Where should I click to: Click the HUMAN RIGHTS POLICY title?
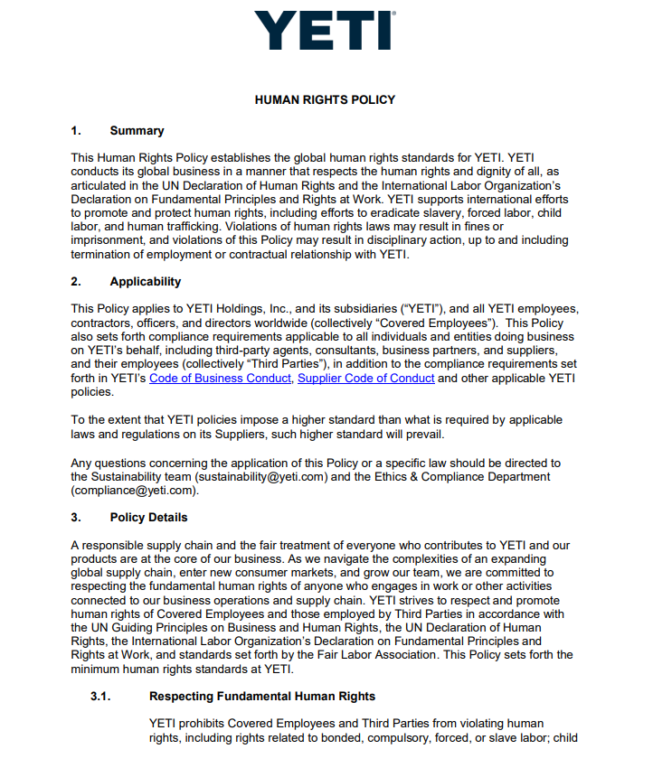(325, 100)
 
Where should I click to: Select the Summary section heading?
(137, 131)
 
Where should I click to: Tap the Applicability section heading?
(146, 282)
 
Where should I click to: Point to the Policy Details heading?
(149, 518)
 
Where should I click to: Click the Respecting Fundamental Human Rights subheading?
(262, 697)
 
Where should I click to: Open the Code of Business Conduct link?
(221, 379)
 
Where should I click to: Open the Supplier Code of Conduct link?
(365, 379)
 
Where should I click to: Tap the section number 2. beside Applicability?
(76, 282)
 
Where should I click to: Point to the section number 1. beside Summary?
(76, 131)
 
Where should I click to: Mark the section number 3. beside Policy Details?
(76, 518)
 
